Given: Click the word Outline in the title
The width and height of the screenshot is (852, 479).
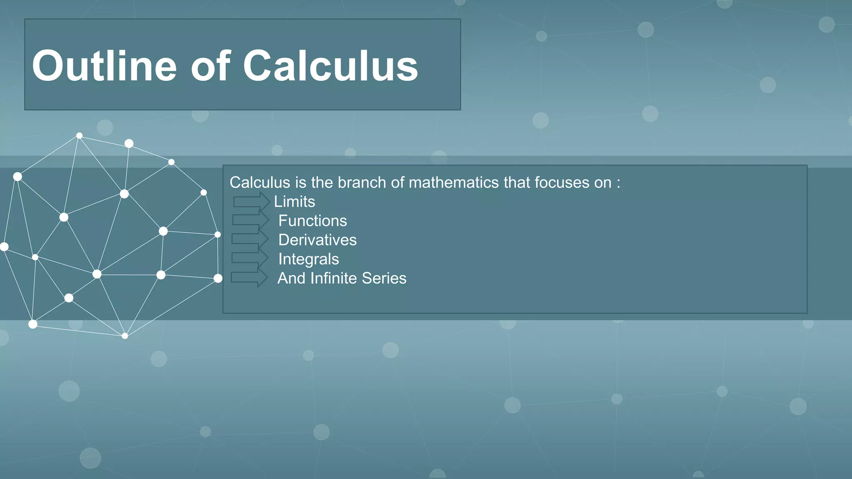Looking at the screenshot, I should (x=104, y=66).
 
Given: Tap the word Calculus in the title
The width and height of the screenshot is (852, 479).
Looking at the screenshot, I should (x=330, y=66).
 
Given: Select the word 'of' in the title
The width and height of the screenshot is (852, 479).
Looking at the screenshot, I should (x=210, y=66).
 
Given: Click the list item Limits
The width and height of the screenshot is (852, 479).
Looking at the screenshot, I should (x=295, y=202).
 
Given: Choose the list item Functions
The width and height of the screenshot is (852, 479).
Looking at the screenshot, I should (x=312, y=221).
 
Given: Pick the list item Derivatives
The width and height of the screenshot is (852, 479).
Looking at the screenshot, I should (x=317, y=240).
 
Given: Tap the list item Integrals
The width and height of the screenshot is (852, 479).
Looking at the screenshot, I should (x=309, y=259).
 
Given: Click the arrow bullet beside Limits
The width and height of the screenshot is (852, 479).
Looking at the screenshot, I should (x=251, y=202).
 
